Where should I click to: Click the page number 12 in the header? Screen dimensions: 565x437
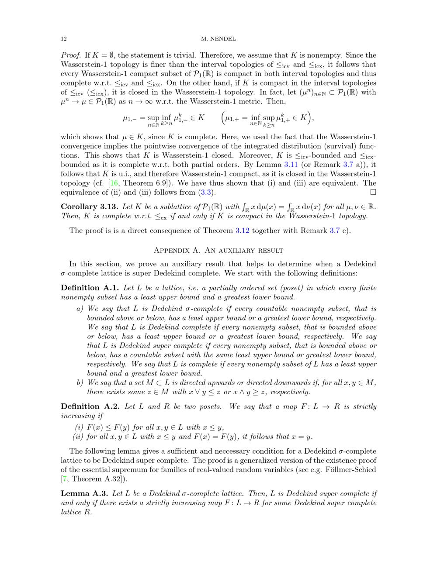click(x=63, y=39)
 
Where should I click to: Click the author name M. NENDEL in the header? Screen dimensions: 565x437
click(x=218, y=39)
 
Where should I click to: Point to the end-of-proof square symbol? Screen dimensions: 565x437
click(x=373, y=192)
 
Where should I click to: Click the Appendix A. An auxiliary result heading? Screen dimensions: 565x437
click(x=218, y=250)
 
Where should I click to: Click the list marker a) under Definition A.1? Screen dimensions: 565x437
click(x=80, y=309)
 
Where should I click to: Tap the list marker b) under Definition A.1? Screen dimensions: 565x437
click(x=80, y=382)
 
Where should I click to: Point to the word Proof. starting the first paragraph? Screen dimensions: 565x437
click(x=71, y=55)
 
